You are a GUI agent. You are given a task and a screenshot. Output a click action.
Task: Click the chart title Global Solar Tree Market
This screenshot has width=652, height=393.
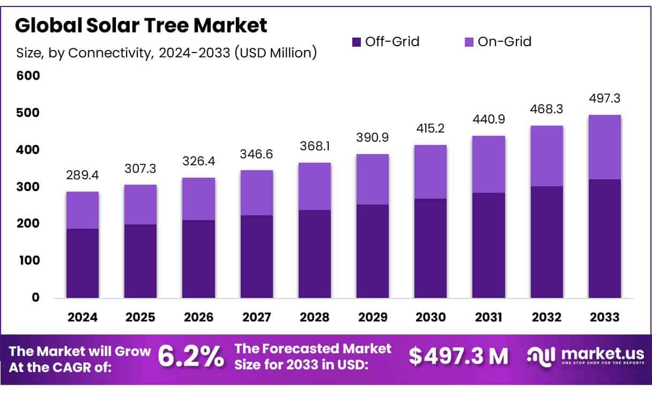(x=141, y=25)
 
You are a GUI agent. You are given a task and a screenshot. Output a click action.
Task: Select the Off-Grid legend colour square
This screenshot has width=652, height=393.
(x=357, y=42)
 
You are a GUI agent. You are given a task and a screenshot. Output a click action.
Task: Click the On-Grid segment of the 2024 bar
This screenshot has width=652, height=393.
(x=82, y=210)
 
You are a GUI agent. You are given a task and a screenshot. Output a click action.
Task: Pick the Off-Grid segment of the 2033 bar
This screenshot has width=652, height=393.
(x=604, y=238)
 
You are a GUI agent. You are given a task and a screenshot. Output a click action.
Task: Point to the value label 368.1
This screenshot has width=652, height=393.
(x=314, y=147)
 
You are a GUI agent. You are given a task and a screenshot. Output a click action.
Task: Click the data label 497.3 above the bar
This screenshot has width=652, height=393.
(x=604, y=99)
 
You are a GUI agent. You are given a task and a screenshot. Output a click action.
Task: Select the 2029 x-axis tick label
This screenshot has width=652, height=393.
(x=373, y=317)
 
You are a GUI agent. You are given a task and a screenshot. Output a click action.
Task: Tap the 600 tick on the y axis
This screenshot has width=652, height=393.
(x=28, y=76)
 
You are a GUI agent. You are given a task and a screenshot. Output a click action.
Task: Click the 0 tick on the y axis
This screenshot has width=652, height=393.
(x=35, y=297)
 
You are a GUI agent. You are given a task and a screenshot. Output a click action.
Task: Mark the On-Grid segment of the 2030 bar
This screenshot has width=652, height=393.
(x=431, y=172)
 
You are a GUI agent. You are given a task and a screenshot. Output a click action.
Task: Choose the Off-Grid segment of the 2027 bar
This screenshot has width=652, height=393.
(x=256, y=257)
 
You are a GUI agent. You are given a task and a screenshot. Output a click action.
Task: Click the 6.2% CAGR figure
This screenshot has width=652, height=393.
(x=190, y=356)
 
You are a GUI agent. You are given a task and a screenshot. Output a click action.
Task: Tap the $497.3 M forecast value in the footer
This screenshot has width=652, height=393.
(x=458, y=356)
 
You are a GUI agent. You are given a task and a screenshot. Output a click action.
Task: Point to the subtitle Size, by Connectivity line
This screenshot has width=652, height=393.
(x=166, y=53)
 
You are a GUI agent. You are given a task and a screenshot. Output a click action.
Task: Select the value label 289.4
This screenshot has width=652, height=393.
(x=82, y=176)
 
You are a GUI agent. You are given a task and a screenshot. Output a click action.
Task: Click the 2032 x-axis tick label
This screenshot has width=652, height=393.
(x=546, y=317)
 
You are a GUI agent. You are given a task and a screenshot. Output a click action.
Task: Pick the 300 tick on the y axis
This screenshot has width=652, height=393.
(x=28, y=187)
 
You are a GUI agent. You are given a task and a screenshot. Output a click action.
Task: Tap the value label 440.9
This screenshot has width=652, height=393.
(x=488, y=120)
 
